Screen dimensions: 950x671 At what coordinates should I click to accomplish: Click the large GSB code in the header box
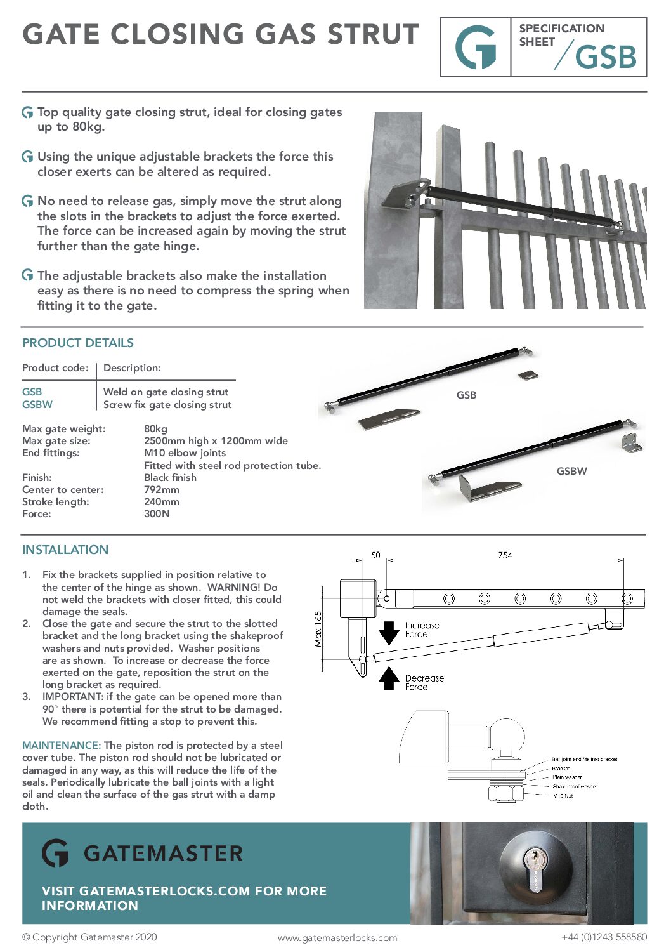pos(605,57)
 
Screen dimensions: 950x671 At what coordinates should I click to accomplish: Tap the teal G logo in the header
pos(476,48)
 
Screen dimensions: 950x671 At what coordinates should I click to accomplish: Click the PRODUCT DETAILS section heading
pos(78,343)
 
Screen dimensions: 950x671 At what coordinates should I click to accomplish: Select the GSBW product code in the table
pos(37,404)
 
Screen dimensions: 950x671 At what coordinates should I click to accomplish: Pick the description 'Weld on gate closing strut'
pos(166,392)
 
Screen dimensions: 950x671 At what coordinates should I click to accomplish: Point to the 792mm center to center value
pos(162,489)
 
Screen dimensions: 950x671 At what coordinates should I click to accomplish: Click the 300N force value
pos(157,513)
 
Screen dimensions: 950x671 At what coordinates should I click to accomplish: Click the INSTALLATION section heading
pos(65,550)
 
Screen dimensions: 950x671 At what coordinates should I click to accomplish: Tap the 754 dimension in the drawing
pos(505,555)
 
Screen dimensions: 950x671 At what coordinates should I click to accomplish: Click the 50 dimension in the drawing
pos(375,555)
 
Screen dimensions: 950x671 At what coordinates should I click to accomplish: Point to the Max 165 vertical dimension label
pos(318,628)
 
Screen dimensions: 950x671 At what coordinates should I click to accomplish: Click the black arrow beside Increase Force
pos(388,633)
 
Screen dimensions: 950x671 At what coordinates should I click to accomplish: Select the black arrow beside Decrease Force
pos(388,678)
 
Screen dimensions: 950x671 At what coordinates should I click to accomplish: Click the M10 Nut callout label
pos(563,796)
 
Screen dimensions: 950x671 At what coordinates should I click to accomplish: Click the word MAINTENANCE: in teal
pos(62,745)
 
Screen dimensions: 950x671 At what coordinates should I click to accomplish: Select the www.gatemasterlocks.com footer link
pos(337,937)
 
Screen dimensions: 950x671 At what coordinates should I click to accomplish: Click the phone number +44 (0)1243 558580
pos(604,937)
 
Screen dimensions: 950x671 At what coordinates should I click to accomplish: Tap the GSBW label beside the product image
pos(571,471)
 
